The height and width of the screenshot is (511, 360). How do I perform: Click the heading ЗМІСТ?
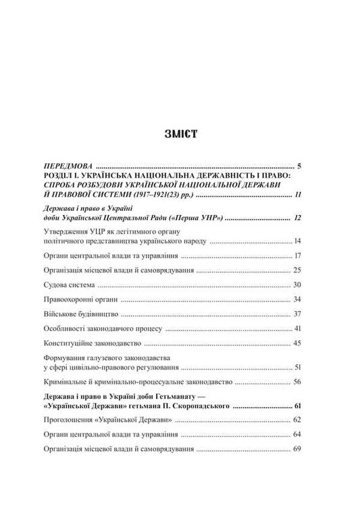pos(179,132)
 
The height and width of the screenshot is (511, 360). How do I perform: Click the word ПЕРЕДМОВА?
pos(66,164)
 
